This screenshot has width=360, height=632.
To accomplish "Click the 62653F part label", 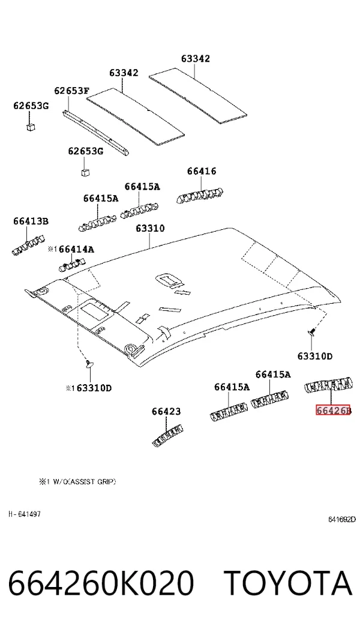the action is click(71, 90).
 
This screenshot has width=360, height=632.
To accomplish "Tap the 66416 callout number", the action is click(202, 171).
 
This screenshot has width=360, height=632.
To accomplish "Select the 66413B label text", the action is click(31, 221).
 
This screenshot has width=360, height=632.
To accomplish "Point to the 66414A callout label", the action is click(77, 249).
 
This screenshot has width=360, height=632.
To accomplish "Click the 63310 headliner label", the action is click(150, 228).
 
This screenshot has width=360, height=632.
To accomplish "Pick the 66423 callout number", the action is click(166, 412).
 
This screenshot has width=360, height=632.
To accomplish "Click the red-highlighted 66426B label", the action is click(334, 410).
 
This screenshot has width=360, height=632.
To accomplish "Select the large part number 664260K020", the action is click(101, 583).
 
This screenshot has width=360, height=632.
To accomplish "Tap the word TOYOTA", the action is click(288, 583).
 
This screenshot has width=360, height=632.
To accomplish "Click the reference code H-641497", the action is click(25, 514).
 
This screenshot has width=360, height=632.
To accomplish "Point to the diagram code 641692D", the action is click(342, 519).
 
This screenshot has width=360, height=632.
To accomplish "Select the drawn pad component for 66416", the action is click(200, 195).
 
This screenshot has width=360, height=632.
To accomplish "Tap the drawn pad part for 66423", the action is click(167, 435).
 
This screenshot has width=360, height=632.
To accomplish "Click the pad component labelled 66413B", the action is click(28, 245).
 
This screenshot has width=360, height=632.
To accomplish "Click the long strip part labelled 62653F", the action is click(96, 132).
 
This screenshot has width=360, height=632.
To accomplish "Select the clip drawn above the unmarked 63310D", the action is click(311, 332).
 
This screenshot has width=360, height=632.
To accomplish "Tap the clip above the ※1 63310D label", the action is click(89, 364).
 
